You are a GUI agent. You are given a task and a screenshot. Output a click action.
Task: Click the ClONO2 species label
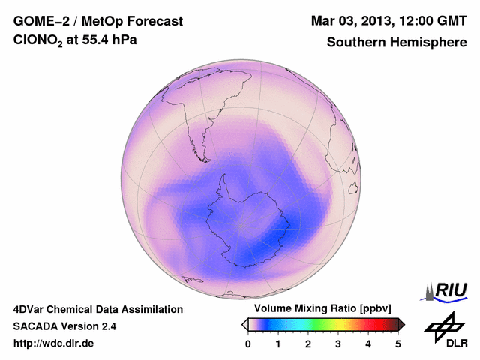point(41,43)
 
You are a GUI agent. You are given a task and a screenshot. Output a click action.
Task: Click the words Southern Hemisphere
point(397,43)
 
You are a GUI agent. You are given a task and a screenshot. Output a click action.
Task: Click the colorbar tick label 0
point(248,343)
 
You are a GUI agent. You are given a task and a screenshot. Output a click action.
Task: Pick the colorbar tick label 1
point(278,343)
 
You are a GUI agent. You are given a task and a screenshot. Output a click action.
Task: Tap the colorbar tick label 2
point(308,343)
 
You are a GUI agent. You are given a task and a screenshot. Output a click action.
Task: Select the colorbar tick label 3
point(338,343)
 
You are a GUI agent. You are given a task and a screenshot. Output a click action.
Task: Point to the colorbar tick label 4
point(368,343)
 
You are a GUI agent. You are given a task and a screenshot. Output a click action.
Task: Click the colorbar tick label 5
point(398,343)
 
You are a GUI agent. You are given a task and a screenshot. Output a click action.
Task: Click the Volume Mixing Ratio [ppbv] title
point(322,309)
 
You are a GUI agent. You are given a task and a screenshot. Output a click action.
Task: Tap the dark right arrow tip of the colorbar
point(401,324)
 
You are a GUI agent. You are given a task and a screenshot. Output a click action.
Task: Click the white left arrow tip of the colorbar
point(244,324)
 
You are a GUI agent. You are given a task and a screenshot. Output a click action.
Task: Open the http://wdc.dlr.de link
point(54,343)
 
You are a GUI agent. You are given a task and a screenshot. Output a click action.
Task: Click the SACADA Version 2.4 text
point(64,326)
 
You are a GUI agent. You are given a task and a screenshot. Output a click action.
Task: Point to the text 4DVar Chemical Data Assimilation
point(97,309)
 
